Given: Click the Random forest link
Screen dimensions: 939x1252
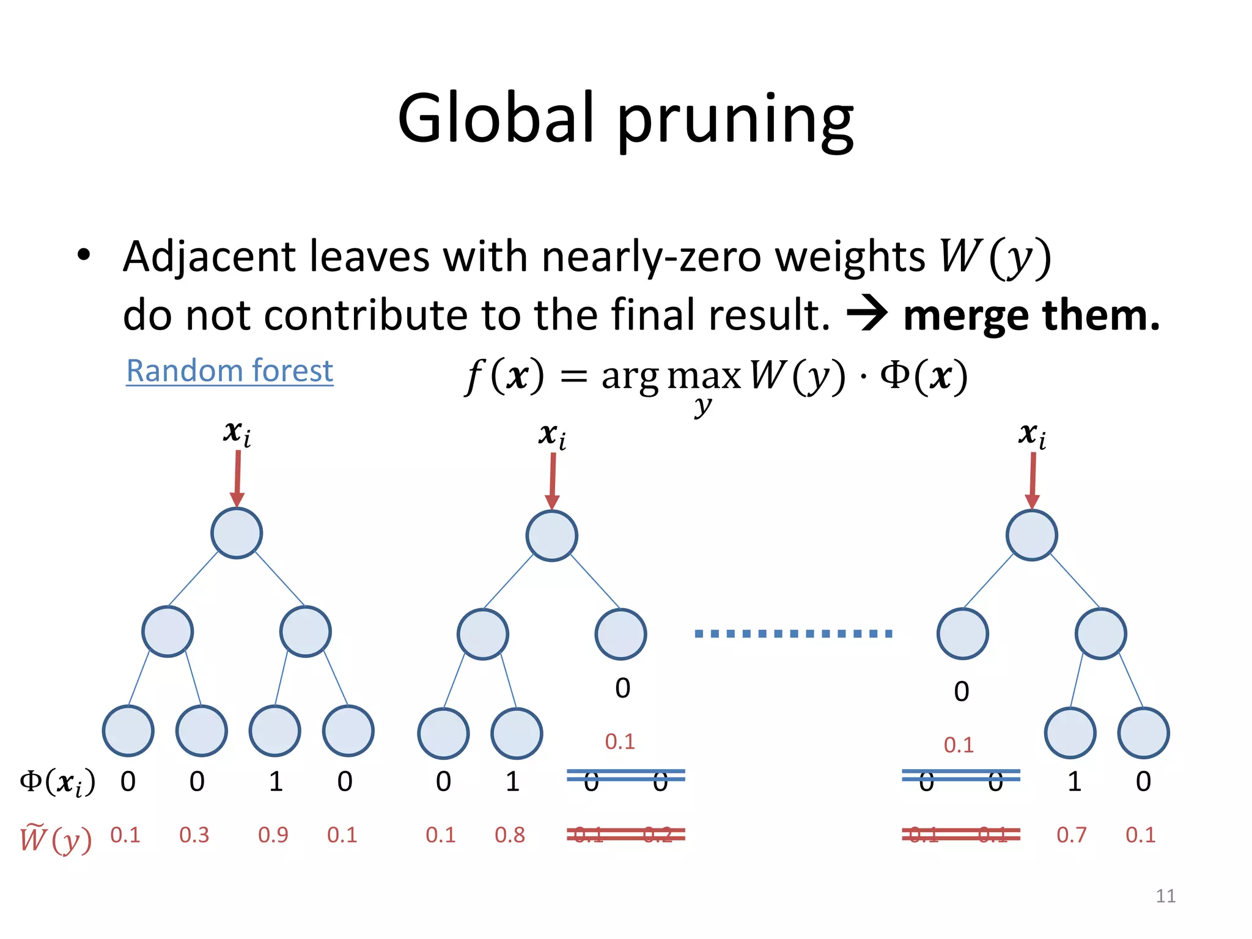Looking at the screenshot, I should pos(229,371).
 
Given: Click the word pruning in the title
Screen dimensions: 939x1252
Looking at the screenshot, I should pos(735,119).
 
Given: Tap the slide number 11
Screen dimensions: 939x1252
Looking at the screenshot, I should pos(1165,896).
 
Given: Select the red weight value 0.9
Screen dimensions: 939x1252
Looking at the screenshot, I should pos(273,834).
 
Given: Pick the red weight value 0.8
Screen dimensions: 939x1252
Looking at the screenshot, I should pos(509,834).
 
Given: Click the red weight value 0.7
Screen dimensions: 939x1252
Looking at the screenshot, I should pos(1071,834).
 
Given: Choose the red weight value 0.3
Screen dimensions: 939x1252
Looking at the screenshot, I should pos(194,834).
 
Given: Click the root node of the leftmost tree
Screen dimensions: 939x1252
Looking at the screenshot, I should pos(237,533).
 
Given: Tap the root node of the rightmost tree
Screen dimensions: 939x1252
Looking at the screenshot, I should pos(1031,535).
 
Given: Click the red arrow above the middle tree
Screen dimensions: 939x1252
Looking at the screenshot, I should pos(552,480).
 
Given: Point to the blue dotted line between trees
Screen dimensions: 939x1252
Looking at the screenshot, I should pos(794,633).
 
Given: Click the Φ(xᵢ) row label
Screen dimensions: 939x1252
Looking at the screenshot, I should pos(57,782).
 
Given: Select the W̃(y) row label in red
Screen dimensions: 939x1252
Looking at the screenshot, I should pos(56,838).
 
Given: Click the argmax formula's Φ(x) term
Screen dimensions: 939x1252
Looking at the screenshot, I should pos(924,375).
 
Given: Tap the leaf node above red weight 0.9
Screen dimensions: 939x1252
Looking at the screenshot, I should pos(275,731).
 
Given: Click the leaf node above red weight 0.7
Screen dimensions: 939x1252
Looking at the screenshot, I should pos(1070,732).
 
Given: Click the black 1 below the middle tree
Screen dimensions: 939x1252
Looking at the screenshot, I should pos(512,781).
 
